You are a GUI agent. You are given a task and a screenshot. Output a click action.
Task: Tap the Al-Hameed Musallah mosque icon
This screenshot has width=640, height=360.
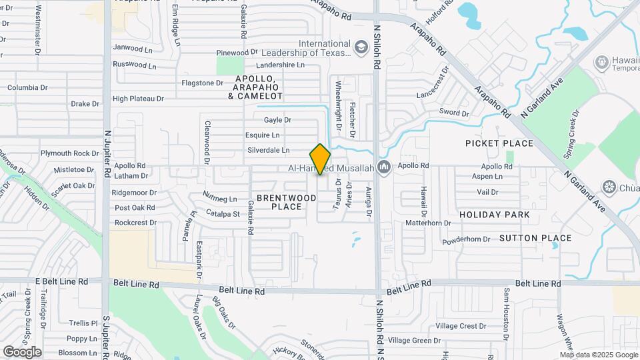383,167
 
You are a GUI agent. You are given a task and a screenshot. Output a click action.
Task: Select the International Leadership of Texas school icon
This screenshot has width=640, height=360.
361,47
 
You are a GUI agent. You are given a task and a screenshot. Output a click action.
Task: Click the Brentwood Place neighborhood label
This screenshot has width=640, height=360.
287,202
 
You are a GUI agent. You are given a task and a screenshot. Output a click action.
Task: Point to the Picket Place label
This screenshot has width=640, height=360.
499,143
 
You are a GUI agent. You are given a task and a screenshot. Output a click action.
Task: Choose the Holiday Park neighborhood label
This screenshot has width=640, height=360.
495,215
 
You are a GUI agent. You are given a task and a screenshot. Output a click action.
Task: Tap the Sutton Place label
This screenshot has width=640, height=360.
535,238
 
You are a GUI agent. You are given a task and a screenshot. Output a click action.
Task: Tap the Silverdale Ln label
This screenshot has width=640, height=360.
269,151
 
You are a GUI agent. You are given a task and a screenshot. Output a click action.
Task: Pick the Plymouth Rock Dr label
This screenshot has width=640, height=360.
69,153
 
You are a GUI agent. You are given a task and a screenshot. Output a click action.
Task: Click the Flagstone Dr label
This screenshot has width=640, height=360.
203,83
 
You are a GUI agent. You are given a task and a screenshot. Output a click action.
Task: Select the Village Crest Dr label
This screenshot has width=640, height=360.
461,326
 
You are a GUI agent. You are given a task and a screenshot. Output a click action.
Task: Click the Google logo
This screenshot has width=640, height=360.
22,351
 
